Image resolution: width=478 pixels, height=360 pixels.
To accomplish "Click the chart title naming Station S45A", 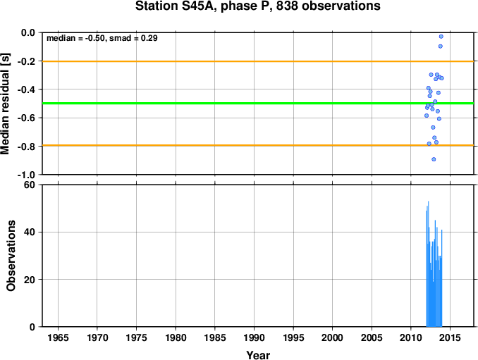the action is [x=257, y=6].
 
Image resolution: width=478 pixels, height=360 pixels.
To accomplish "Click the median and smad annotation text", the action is [x=102, y=38].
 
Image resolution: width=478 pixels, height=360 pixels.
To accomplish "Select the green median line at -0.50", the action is [x=257, y=104].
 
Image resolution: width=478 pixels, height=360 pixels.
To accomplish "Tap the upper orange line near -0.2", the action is [x=257, y=61].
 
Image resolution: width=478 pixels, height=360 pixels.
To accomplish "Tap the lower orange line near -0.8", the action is [x=257, y=145].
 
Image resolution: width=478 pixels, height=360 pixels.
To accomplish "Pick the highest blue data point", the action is [x=441, y=37].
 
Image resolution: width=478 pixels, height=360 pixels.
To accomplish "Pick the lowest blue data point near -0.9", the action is [x=434, y=159].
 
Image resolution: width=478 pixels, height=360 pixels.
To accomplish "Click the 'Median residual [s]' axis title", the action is [x=5, y=104].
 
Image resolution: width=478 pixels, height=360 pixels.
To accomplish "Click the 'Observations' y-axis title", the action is [x=11, y=256].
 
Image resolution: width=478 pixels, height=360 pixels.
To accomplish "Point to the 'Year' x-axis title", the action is [x=258, y=355].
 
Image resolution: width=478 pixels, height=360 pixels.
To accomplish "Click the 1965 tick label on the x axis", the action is [x=58, y=337].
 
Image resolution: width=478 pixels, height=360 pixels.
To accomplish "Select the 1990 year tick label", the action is [x=254, y=337].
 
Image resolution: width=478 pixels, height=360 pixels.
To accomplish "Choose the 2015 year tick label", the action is [x=451, y=337].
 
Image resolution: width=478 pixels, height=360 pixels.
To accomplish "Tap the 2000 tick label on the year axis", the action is [x=333, y=337].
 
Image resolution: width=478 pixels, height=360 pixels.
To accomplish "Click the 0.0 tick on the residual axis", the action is [x=28, y=32].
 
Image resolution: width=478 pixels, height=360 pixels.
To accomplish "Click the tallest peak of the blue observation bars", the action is [x=429, y=201].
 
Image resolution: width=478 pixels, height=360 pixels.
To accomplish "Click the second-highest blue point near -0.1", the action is [x=441, y=46].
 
